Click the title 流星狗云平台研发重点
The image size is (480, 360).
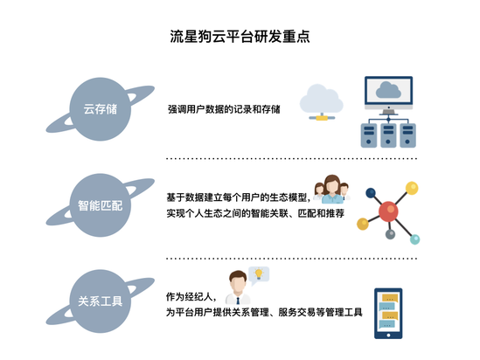click(x=240, y=37)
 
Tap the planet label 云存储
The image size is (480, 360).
click(x=101, y=109)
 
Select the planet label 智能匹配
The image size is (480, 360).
click(x=100, y=205)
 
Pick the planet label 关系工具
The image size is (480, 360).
click(x=100, y=301)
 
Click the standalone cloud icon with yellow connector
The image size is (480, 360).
click(x=322, y=102)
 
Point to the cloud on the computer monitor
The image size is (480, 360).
click(x=388, y=90)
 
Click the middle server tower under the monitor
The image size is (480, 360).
click(x=388, y=135)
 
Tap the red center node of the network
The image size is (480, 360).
click(x=388, y=211)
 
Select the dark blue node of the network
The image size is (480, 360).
click(x=371, y=193)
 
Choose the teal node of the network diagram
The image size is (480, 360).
click(x=414, y=239)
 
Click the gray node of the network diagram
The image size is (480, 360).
click(x=390, y=234)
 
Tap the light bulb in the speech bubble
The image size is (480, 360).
click(x=259, y=273)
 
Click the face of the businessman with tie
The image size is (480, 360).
click(x=238, y=285)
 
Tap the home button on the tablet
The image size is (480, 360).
click(x=388, y=336)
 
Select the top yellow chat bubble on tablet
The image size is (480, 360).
click(x=390, y=298)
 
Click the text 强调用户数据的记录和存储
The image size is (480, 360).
click(x=224, y=109)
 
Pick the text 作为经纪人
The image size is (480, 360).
click(x=191, y=296)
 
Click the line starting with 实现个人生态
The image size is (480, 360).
click(x=255, y=213)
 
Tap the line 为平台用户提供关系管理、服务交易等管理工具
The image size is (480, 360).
click(x=264, y=312)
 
